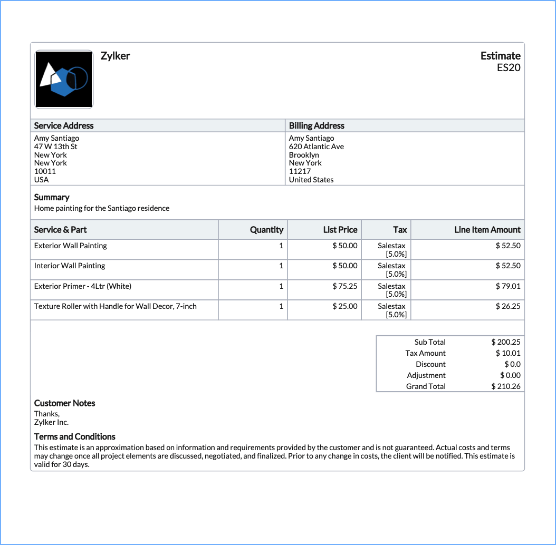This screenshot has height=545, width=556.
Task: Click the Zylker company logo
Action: (x=64, y=80)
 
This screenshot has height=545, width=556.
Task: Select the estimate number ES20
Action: (x=509, y=67)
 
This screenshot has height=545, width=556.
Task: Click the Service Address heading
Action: (x=64, y=125)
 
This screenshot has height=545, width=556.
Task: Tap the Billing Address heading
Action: (x=317, y=125)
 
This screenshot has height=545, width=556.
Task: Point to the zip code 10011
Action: (x=45, y=171)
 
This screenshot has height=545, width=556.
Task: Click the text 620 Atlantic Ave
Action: (x=316, y=147)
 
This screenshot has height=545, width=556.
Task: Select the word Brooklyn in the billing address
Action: (x=304, y=155)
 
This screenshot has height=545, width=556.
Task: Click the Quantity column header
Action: (x=266, y=230)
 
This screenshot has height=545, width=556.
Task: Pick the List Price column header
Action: (x=340, y=230)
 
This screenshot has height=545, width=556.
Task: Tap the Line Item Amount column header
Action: (x=487, y=230)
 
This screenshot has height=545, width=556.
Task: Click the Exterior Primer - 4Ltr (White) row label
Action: (x=83, y=286)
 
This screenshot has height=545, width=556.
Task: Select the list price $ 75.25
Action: (x=345, y=286)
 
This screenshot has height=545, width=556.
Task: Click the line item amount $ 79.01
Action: (x=508, y=286)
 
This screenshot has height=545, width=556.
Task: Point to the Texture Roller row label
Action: (x=115, y=306)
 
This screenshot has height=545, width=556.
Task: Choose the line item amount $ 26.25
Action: (x=508, y=306)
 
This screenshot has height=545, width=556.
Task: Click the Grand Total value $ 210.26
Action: (x=506, y=386)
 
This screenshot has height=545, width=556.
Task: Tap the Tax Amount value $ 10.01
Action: (x=508, y=353)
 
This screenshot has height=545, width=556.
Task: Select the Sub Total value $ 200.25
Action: (x=506, y=342)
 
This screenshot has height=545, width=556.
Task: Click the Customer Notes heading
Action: (x=65, y=403)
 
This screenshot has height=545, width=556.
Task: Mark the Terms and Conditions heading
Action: (x=74, y=436)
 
